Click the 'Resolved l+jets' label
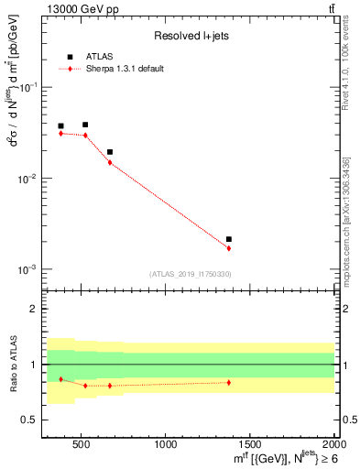point(191,37)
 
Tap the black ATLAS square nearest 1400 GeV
point(229,239)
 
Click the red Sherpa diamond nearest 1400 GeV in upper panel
point(229,248)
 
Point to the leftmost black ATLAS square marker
point(61,126)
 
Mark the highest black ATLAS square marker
point(85,125)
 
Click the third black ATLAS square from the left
point(110,152)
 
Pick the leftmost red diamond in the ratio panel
point(61,379)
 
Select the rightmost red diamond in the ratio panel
point(229,382)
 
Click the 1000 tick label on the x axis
point(166,446)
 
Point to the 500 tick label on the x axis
point(82,446)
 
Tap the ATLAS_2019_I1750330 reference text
point(191,274)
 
